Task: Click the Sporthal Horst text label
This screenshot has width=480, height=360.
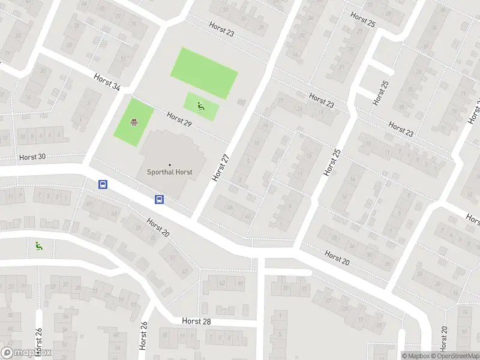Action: (170, 172)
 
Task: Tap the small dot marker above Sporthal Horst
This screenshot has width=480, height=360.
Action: (170, 165)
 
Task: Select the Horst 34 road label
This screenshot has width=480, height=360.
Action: (107, 82)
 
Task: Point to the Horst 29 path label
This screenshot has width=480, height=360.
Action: (179, 119)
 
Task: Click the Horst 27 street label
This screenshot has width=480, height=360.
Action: (221, 167)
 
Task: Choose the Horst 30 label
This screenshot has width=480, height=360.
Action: (32, 157)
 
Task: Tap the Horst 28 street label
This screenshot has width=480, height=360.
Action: (196, 322)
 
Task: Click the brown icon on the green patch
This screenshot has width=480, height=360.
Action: (134, 123)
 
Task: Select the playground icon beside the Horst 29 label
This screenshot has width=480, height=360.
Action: (201, 106)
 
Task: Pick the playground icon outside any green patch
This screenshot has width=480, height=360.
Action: (39, 245)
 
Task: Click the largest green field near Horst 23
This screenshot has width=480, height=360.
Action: (204, 73)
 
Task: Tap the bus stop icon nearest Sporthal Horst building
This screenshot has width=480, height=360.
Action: (160, 199)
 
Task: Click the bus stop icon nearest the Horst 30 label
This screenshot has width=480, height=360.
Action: (103, 185)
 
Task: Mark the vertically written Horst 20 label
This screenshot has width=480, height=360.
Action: (443, 339)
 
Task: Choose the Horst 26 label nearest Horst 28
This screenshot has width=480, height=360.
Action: (144, 336)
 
